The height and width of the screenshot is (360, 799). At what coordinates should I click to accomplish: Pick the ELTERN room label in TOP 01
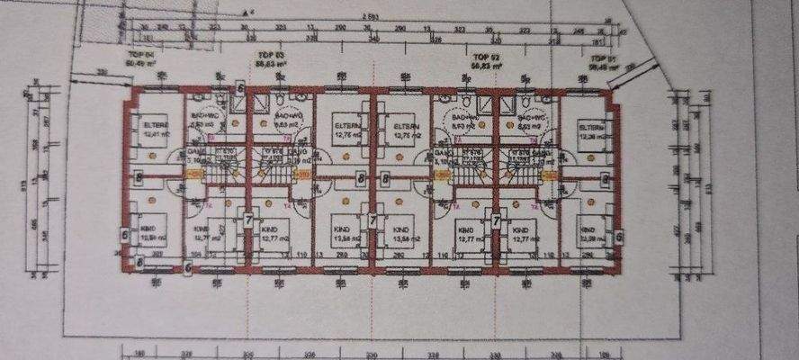[589, 133]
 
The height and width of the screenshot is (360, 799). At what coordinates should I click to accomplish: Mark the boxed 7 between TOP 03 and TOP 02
[373, 219]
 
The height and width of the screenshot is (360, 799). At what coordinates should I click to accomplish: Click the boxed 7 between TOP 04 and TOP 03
[249, 219]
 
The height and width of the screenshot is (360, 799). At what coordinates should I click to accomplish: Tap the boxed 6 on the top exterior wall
[240, 87]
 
